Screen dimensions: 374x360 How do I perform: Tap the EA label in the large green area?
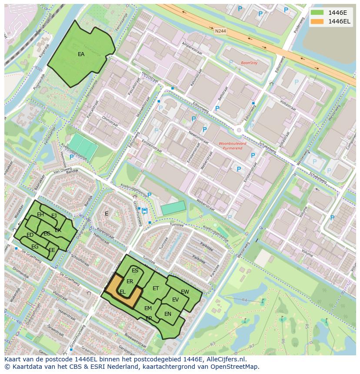pyautogui.click(x=81, y=54)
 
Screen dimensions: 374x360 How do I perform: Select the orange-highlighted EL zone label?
pyautogui.click(x=123, y=292)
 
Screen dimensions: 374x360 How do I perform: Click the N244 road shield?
pyautogui.click(x=220, y=31)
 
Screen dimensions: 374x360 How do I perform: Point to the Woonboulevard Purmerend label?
pyautogui.click(x=232, y=146)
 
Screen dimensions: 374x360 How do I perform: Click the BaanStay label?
pyautogui.click(x=249, y=63)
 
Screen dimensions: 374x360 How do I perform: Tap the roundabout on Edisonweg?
pyautogui.click(x=239, y=130)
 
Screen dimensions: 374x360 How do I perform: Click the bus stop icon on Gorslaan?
pyautogui.click(x=144, y=211)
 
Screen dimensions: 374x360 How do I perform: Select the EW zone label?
pyautogui.click(x=185, y=291)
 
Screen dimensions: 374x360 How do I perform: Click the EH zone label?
pyautogui.click(x=40, y=215)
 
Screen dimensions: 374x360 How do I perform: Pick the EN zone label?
pyautogui.click(x=168, y=314)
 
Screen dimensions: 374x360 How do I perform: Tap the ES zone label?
pyautogui.click(x=135, y=271)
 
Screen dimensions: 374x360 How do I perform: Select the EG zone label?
pyautogui.click(x=35, y=247)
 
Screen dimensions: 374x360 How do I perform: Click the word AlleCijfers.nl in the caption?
pyautogui.click(x=226, y=359)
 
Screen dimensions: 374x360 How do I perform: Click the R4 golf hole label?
pyautogui.click(x=244, y=300)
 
